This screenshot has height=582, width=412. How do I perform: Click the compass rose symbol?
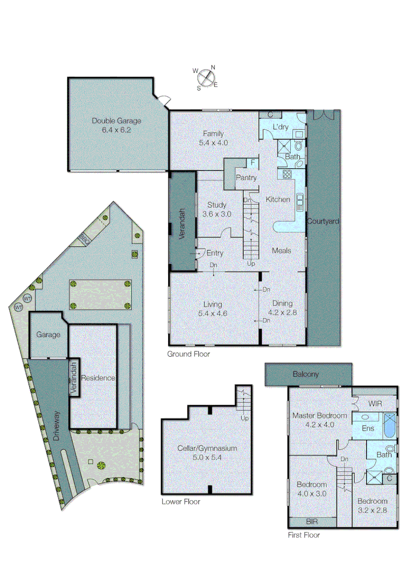[206, 78]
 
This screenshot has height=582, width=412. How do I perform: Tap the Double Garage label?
[111, 121]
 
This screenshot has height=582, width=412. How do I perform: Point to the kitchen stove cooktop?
[287, 174]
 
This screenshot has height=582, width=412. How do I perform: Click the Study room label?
[217, 205]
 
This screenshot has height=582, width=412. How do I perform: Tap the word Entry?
[215, 253]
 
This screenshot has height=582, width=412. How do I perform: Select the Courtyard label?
[323, 221]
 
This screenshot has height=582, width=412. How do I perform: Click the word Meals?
[281, 251]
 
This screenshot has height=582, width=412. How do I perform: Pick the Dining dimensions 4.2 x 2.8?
[282, 312]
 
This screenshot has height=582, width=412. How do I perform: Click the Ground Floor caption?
[188, 354]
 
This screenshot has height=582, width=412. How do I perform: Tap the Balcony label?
[306, 374]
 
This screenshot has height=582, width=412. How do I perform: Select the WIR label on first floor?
[375, 403]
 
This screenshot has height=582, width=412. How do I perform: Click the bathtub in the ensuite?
[388, 425]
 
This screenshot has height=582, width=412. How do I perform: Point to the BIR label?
[312, 522]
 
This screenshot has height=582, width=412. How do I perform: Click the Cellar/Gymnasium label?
[207, 448]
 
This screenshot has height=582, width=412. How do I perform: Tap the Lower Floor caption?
[181, 502]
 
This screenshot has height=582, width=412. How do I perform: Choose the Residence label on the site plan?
[98, 378]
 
